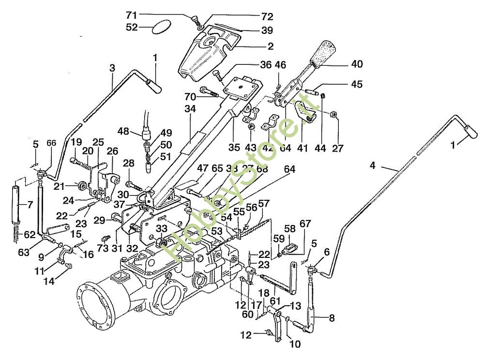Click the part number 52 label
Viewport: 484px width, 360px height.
(132, 28)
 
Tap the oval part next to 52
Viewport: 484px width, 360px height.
(161, 27)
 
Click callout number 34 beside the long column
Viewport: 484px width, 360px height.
(190, 109)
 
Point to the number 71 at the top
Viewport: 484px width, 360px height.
(173, 15)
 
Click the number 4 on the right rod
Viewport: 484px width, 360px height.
(372, 165)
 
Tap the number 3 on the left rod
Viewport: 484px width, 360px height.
(112, 68)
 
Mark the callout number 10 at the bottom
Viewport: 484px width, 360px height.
(295, 345)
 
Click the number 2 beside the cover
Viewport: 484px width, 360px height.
(270, 46)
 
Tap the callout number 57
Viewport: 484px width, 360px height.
(264, 203)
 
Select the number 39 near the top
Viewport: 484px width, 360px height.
(267, 30)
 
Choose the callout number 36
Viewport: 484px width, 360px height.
(266, 65)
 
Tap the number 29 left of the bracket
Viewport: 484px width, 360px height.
(99, 220)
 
